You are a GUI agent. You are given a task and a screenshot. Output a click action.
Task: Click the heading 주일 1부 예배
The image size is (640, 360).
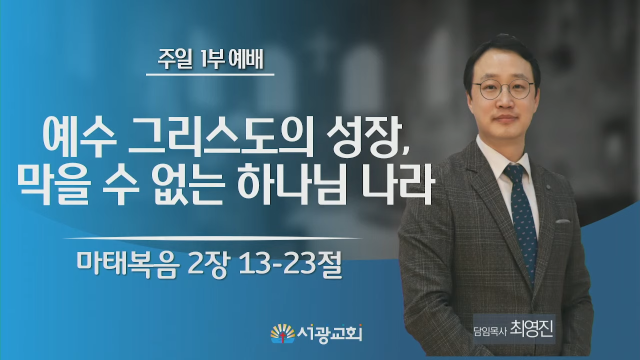pos(210,59)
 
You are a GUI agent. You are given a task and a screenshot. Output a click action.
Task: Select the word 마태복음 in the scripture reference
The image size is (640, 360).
pos(128,264)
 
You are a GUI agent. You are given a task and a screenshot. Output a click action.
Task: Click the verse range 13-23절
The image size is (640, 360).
pos(290,264)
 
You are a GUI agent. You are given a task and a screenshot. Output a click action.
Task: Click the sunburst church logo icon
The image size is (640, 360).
pos(282,333)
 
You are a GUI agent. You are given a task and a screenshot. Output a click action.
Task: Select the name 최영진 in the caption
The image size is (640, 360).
pos(531,329)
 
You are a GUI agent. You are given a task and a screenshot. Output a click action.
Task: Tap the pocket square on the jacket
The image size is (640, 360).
pos(562,221)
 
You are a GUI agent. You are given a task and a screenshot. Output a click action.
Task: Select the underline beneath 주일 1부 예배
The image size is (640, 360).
pos(210,74)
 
